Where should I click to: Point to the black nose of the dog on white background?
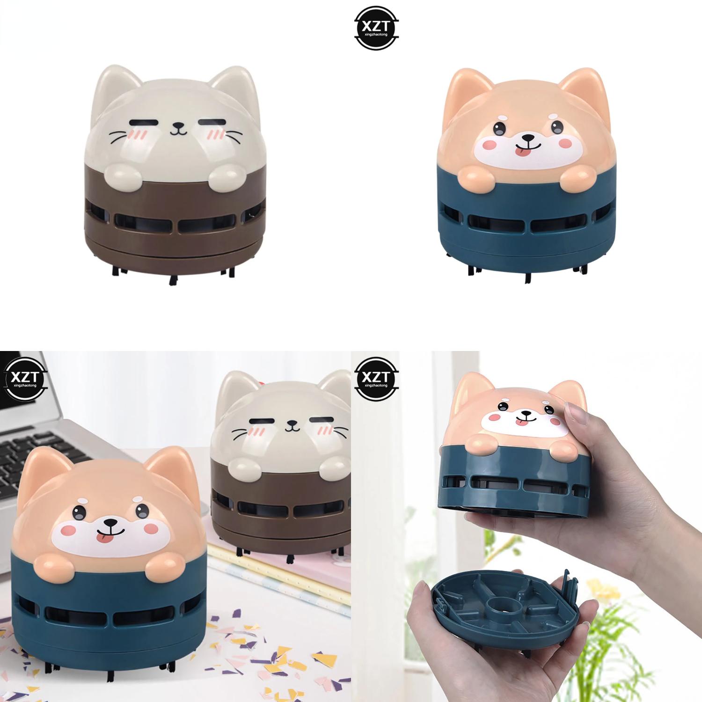[528, 138]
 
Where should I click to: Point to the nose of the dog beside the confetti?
[110, 522]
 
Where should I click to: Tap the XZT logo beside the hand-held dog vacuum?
[377, 377]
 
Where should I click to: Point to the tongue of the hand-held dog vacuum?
[519, 423]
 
